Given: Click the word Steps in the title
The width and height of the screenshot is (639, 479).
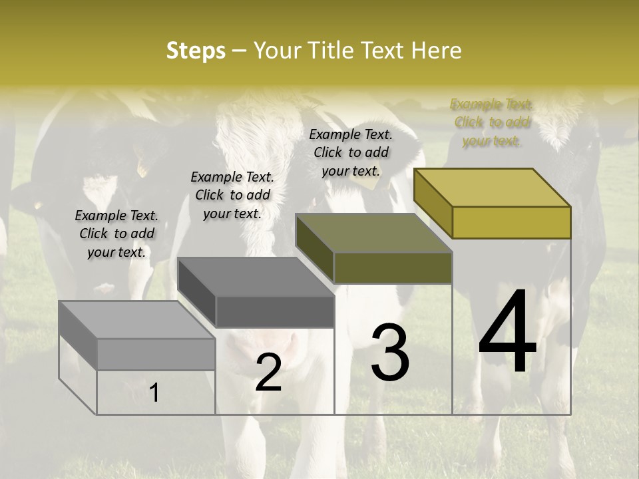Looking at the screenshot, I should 196,51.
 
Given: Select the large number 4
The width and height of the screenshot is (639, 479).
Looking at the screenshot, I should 507,333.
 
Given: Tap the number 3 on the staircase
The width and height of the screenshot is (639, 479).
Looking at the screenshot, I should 390,353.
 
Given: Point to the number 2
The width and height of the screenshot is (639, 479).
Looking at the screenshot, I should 268,373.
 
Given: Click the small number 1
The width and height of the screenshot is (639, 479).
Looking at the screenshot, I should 154,393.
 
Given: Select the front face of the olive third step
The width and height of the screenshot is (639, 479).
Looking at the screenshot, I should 393,267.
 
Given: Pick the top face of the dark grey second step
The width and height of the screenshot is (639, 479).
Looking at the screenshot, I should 256,277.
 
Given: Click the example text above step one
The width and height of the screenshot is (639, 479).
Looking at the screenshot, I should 116,234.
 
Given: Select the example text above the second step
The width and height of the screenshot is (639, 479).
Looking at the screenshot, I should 232,195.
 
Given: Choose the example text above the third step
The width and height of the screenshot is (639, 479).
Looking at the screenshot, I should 351,152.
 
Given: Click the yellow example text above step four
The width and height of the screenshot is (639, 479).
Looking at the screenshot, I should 492,122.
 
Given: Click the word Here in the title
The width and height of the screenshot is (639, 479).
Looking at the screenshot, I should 437,51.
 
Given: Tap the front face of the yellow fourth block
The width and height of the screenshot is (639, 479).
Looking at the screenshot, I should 511,222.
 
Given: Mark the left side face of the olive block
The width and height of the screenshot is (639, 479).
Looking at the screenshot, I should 314,249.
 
